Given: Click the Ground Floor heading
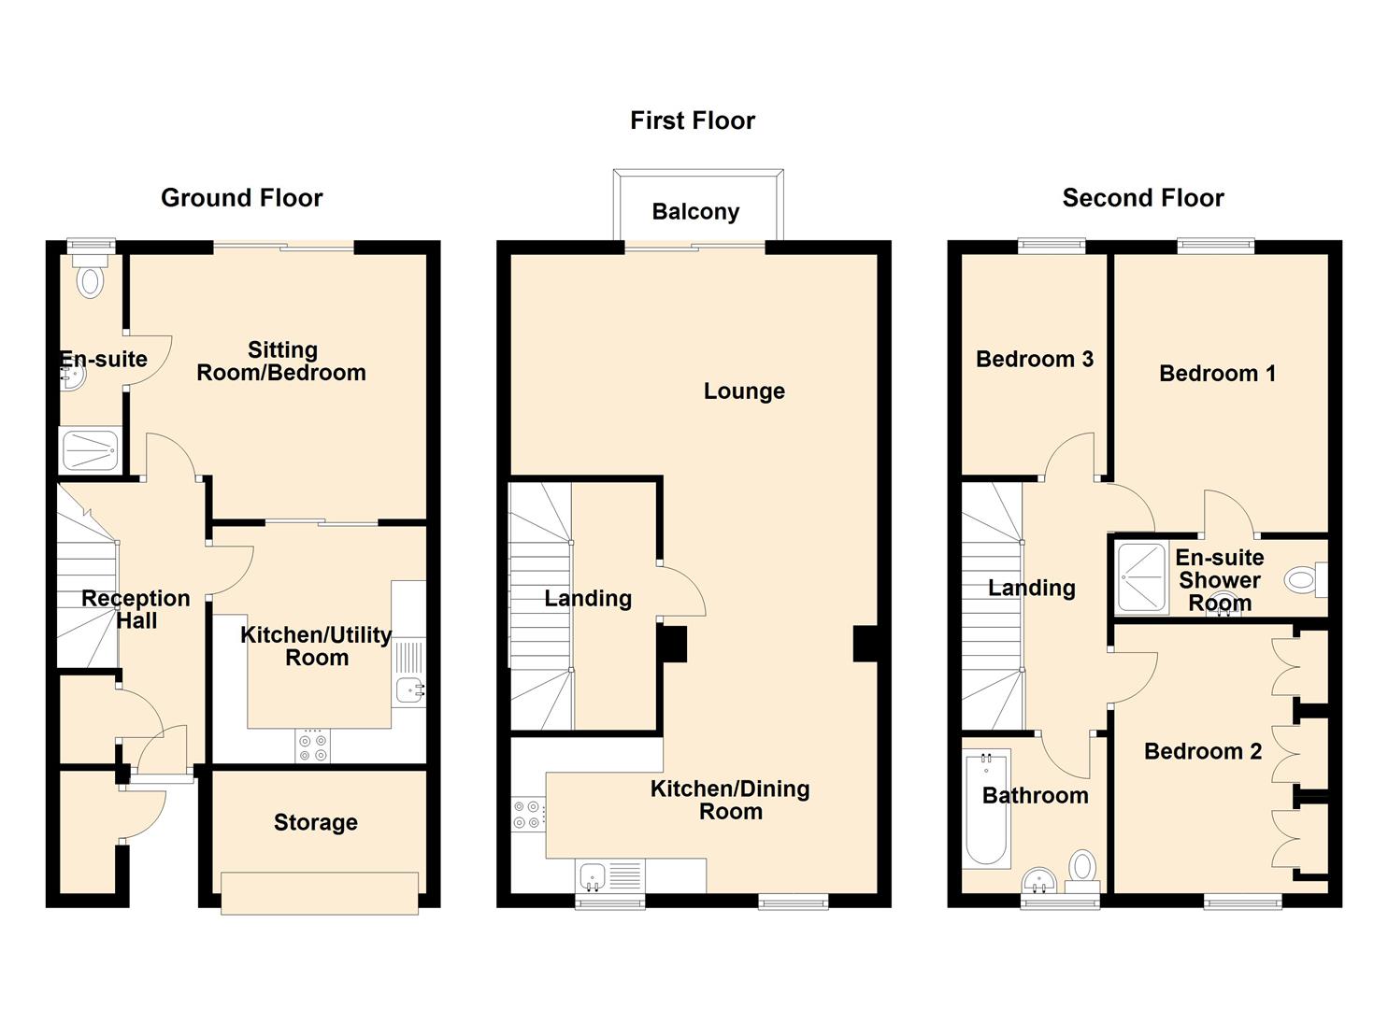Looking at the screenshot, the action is pos(242,198).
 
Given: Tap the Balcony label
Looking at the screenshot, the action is pos(695,212).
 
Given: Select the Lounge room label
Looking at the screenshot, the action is pos(744,391).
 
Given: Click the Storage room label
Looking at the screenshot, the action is pos(316,822).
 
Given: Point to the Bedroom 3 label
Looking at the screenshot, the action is pos(1035,359).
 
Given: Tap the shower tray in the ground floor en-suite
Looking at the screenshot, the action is pos(91,450).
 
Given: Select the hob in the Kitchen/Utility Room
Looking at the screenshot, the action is pos(313,746).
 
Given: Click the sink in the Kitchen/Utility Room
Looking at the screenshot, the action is pos(409,689).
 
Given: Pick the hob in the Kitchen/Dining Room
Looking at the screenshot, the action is pos(528,815).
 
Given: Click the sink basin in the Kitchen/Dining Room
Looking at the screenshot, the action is pos(593,876).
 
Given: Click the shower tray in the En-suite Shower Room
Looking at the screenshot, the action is pos(1141,578).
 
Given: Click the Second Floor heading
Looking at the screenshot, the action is pos(1143,198).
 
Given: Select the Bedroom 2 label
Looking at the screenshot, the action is pos(1203,751).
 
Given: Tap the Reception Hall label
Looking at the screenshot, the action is pos(136,609).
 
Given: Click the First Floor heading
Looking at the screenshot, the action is pos(693,121).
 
